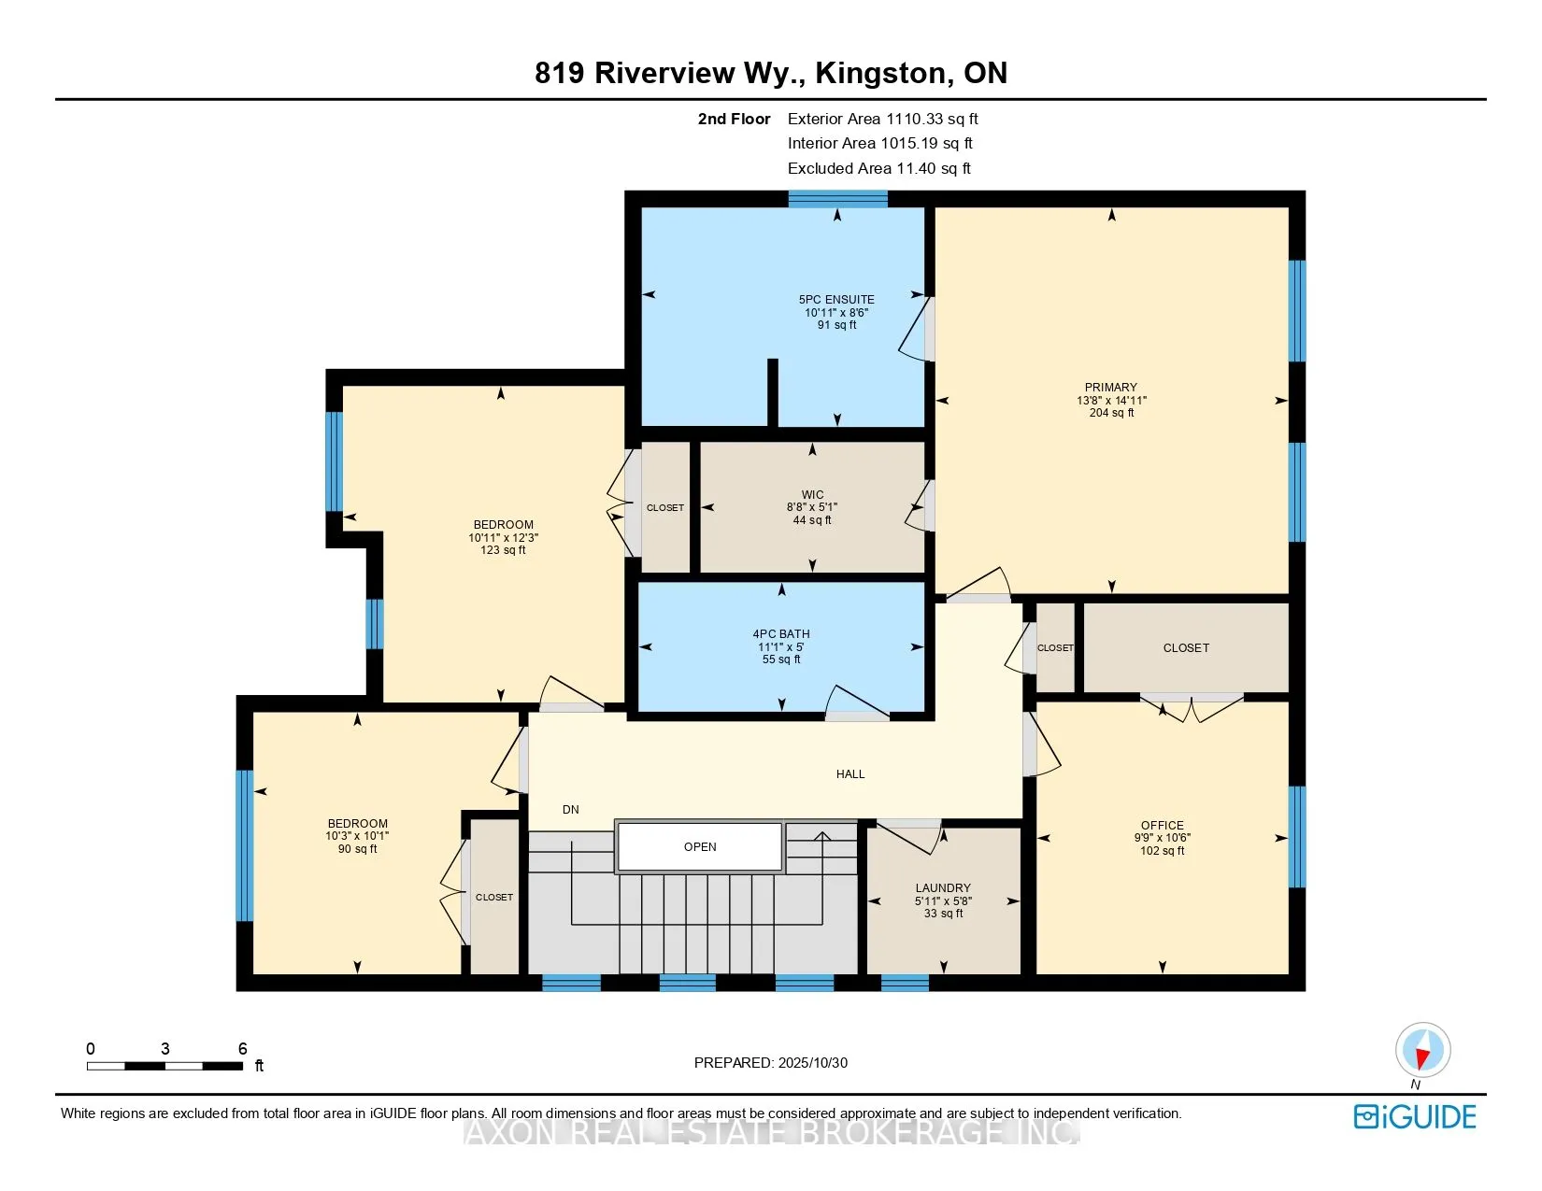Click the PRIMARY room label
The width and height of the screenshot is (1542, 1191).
[1110, 388]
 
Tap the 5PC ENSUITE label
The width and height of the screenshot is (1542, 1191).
[835, 299]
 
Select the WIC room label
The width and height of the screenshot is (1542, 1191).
[812, 494]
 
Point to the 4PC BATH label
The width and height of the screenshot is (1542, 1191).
[781, 633]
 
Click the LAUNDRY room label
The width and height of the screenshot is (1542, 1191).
[942, 887]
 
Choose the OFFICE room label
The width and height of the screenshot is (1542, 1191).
[1162, 825]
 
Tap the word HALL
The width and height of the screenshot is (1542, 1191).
[850, 773]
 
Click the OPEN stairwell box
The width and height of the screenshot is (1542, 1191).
[700, 846]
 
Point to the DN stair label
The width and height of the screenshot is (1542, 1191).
[570, 809]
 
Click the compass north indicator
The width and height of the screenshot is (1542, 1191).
[1422, 1051]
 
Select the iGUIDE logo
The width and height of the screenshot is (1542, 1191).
[1415, 1116]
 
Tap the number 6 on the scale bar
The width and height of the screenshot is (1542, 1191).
[243, 1048]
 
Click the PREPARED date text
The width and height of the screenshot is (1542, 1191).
[771, 1063]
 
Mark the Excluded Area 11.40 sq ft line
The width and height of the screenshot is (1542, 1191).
[878, 168]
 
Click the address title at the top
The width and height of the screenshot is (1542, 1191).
[771, 72]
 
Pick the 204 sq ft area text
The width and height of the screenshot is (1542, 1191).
[1111, 412]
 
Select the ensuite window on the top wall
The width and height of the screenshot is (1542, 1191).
[837, 199]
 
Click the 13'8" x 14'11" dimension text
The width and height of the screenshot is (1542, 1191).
[1111, 400]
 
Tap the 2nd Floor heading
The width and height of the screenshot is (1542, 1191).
[734, 119]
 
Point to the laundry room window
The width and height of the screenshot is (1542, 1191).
[905, 983]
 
